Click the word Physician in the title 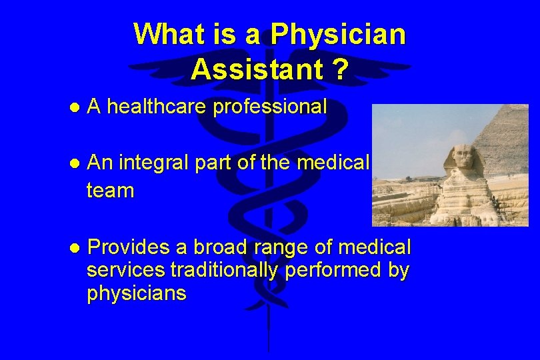pos(338,35)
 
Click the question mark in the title pos(339,69)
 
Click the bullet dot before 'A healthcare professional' pos(75,107)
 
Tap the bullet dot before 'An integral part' pos(75,163)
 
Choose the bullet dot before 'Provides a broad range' pos(75,248)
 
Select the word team pos(110,191)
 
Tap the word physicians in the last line pos(137,293)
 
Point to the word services pos(126,271)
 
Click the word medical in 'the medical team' pos(338,162)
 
